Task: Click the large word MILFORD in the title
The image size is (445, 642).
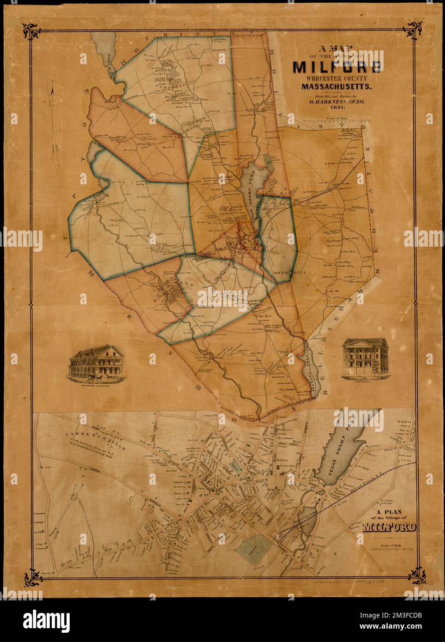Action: (337, 67)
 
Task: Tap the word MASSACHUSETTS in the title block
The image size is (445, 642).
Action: (337, 86)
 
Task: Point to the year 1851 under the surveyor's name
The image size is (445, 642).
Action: (337, 108)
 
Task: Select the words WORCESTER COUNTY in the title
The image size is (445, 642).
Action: (337, 78)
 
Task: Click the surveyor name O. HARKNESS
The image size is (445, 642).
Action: (337, 101)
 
